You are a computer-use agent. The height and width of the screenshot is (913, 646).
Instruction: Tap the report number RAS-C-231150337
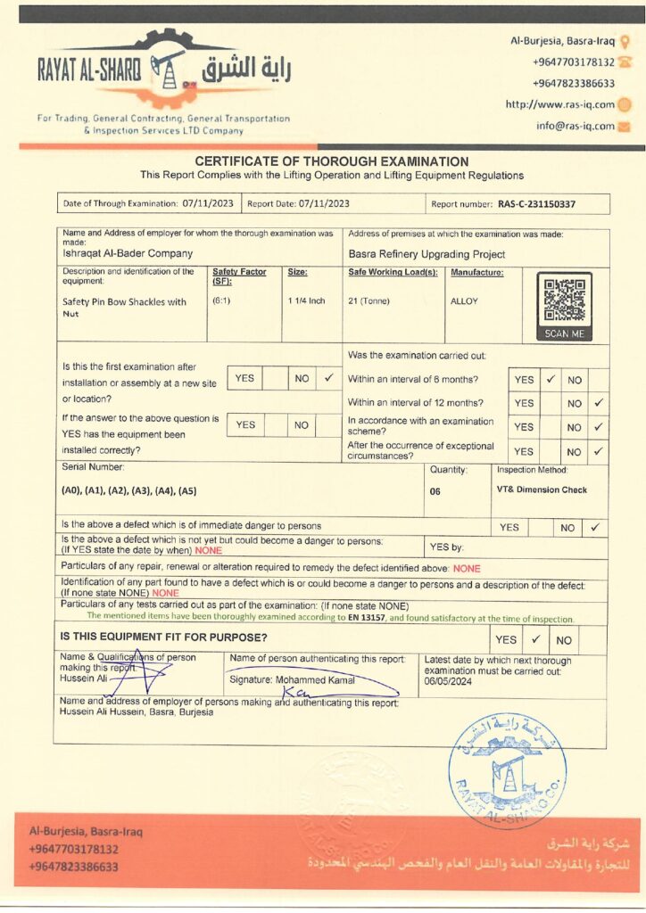pos(536,204)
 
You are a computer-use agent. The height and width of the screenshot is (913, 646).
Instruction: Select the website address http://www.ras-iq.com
pos(559,104)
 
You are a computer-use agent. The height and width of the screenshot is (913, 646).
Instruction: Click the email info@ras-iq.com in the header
pos(575,126)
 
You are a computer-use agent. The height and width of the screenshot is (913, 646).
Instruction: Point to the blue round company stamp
pos(507,770)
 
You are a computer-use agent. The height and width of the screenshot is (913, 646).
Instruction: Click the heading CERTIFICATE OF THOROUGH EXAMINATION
pos(331,161)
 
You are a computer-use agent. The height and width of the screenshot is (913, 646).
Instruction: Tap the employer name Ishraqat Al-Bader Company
pos(128,253)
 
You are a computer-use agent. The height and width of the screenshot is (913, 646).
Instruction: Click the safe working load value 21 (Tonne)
pos(369,301)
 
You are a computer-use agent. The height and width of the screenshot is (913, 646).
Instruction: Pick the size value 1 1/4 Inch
pos(306,301)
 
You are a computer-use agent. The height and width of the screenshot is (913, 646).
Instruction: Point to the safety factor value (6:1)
pos(221,301)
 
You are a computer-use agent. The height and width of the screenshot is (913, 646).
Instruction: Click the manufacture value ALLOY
pos(464,301)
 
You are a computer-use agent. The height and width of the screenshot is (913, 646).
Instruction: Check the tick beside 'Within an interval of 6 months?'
pos(551,379)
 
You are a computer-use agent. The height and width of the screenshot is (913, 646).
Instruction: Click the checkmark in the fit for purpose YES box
pos(534,639)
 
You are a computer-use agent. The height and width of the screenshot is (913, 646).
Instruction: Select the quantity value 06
pos(435,490)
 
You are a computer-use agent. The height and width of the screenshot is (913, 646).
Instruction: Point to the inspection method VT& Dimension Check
pos(542,489)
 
